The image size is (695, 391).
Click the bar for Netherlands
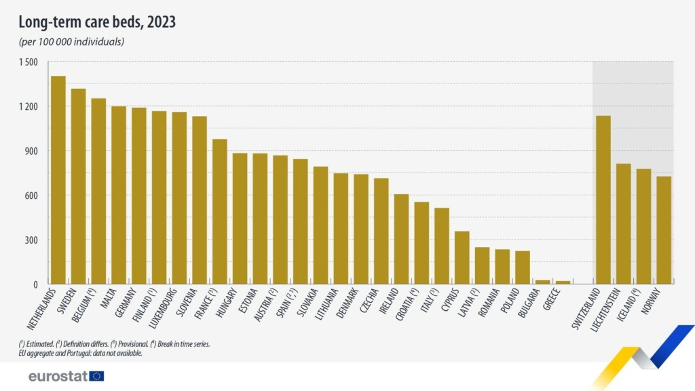[58, 180]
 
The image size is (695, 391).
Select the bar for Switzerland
[603, 200]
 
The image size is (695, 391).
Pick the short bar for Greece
[563, 282]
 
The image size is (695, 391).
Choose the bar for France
[220, 211]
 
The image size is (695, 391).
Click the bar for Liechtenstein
[623, 223]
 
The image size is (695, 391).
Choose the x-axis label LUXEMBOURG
[170, 306]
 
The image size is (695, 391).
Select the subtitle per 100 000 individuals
[71, 41]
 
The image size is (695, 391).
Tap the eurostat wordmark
[57, 376]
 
